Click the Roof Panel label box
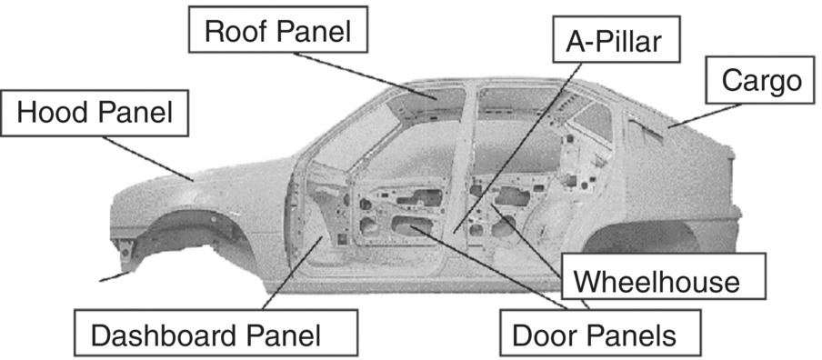277,31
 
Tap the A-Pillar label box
616,42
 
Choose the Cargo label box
760,82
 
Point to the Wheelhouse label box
661,281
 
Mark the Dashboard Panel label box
205,335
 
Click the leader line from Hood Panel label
145,157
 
